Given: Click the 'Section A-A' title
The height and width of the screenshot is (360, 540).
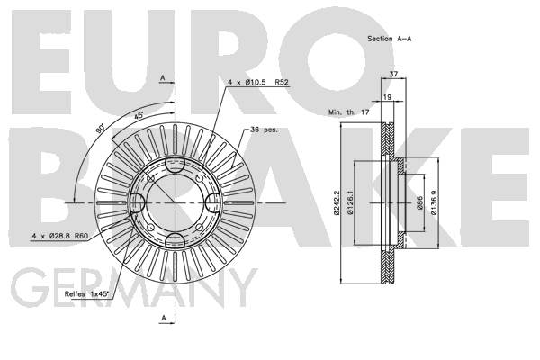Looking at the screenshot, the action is [389, 39].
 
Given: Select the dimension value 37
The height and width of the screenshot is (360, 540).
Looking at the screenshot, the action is [393, 74].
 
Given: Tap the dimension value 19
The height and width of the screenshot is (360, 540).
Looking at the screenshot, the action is [387, 97].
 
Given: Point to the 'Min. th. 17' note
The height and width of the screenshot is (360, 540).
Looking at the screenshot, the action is [348, 112].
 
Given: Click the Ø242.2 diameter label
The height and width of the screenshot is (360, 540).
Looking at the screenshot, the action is [337, 202].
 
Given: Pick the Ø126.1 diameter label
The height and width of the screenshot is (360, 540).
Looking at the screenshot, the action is [350, 202].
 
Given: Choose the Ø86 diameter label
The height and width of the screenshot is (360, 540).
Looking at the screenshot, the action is [419, 202].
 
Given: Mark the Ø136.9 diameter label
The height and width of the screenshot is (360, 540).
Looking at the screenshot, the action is [434, 202].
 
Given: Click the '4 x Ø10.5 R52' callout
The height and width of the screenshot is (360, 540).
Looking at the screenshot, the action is [258, 82].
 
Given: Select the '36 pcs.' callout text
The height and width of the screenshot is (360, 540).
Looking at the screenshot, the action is [264, 130].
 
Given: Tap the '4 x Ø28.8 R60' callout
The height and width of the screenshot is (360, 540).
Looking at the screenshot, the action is [60, 236].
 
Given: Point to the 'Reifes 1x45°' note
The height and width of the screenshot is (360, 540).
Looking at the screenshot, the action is [86, 294].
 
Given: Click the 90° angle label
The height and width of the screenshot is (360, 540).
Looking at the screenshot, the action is [100, 129].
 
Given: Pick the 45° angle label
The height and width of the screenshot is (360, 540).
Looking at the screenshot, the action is [139, 115].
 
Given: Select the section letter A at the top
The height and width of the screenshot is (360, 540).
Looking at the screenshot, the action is [163, 78].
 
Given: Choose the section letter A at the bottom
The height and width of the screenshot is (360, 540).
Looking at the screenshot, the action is [164, 318].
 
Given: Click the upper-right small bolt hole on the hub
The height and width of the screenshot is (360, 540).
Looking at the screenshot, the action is [200, 178].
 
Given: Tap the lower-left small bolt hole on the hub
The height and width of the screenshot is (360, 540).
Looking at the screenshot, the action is [150, 228].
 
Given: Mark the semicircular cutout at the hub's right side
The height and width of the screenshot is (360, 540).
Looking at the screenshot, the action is [211, 202].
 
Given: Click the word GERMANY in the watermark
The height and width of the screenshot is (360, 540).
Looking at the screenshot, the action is [134, 288].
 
